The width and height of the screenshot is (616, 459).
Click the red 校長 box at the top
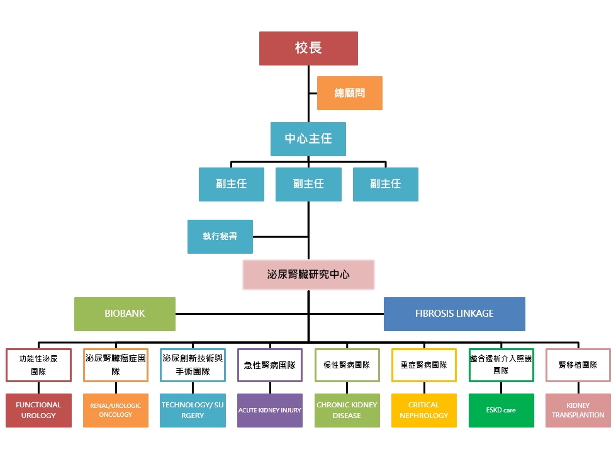[308, 48]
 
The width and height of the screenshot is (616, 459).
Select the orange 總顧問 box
[350, 93]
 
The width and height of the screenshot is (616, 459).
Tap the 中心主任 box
[308, 139]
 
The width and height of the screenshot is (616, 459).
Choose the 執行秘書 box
[220, 237]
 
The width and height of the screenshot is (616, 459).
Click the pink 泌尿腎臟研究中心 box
[308, 275]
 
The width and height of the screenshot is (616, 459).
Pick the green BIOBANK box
[125, 314]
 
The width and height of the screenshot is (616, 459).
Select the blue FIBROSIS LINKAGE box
[454, 314]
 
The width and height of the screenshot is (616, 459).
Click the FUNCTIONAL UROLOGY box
[38, 410]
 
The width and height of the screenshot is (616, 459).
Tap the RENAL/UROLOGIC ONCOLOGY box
[116, 410]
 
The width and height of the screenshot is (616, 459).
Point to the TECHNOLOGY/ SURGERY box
[193, 410]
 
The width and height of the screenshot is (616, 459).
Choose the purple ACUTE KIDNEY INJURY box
[270, 410]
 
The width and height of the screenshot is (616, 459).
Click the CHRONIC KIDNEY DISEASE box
[347, 410]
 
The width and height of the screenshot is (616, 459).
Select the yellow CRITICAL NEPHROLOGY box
[424, 410]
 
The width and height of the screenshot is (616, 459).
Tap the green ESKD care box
[501, 410]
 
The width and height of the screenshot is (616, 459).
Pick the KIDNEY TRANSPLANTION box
[578, 410]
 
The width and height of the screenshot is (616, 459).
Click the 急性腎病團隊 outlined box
[270, 365]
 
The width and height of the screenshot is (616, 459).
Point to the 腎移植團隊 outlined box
[578, 365]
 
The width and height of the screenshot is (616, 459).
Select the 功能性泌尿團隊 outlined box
[38, 365]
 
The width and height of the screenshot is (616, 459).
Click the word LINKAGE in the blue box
[472, 314]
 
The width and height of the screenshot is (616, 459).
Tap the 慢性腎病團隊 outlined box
[347, 365]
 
